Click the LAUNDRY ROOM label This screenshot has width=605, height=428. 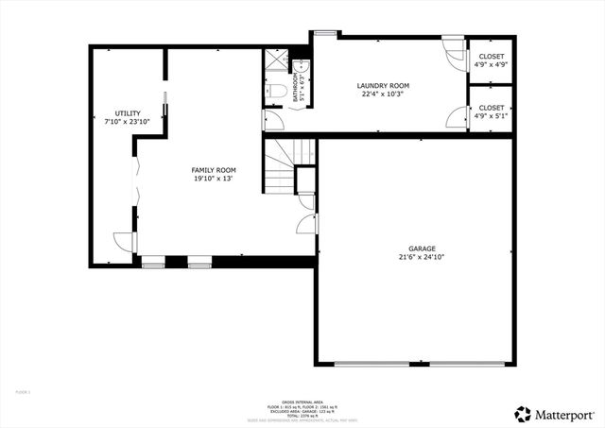pyautogui.click(x=383, y=86)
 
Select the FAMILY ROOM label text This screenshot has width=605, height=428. pyautogui.click(x=214, y=170)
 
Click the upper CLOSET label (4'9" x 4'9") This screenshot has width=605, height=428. pyautogui.click(x=491, y=57)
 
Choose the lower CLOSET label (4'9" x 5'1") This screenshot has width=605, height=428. pyautogui.click(x=491, y=108)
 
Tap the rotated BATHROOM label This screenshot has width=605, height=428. pyautogui.click(x=295, y=90)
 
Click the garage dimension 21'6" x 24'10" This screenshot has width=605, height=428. pyautogui.click(x=422, y=256)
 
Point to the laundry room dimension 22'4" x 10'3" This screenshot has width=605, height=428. pyautogui.click(x=383, y=94)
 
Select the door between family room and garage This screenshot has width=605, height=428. pyautogui.click(x=307, y=224)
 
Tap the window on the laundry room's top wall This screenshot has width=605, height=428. pyautogui.click(x=325, y=34)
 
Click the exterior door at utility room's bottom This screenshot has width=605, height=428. pyautogui.click(x=123, y=243)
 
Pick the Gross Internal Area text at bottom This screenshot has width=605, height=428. pyautogui.click(x=301, y=402)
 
